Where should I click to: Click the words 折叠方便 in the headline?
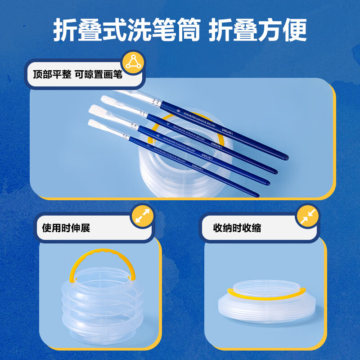[x=258, y=30]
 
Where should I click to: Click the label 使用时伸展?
[x=66, y=228]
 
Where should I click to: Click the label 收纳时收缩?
[x=237, y=228]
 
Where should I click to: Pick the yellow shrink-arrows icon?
[x=307, y=217]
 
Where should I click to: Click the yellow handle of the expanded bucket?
[x=102, y=256]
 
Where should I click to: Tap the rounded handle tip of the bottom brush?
[x=256, y=194]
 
